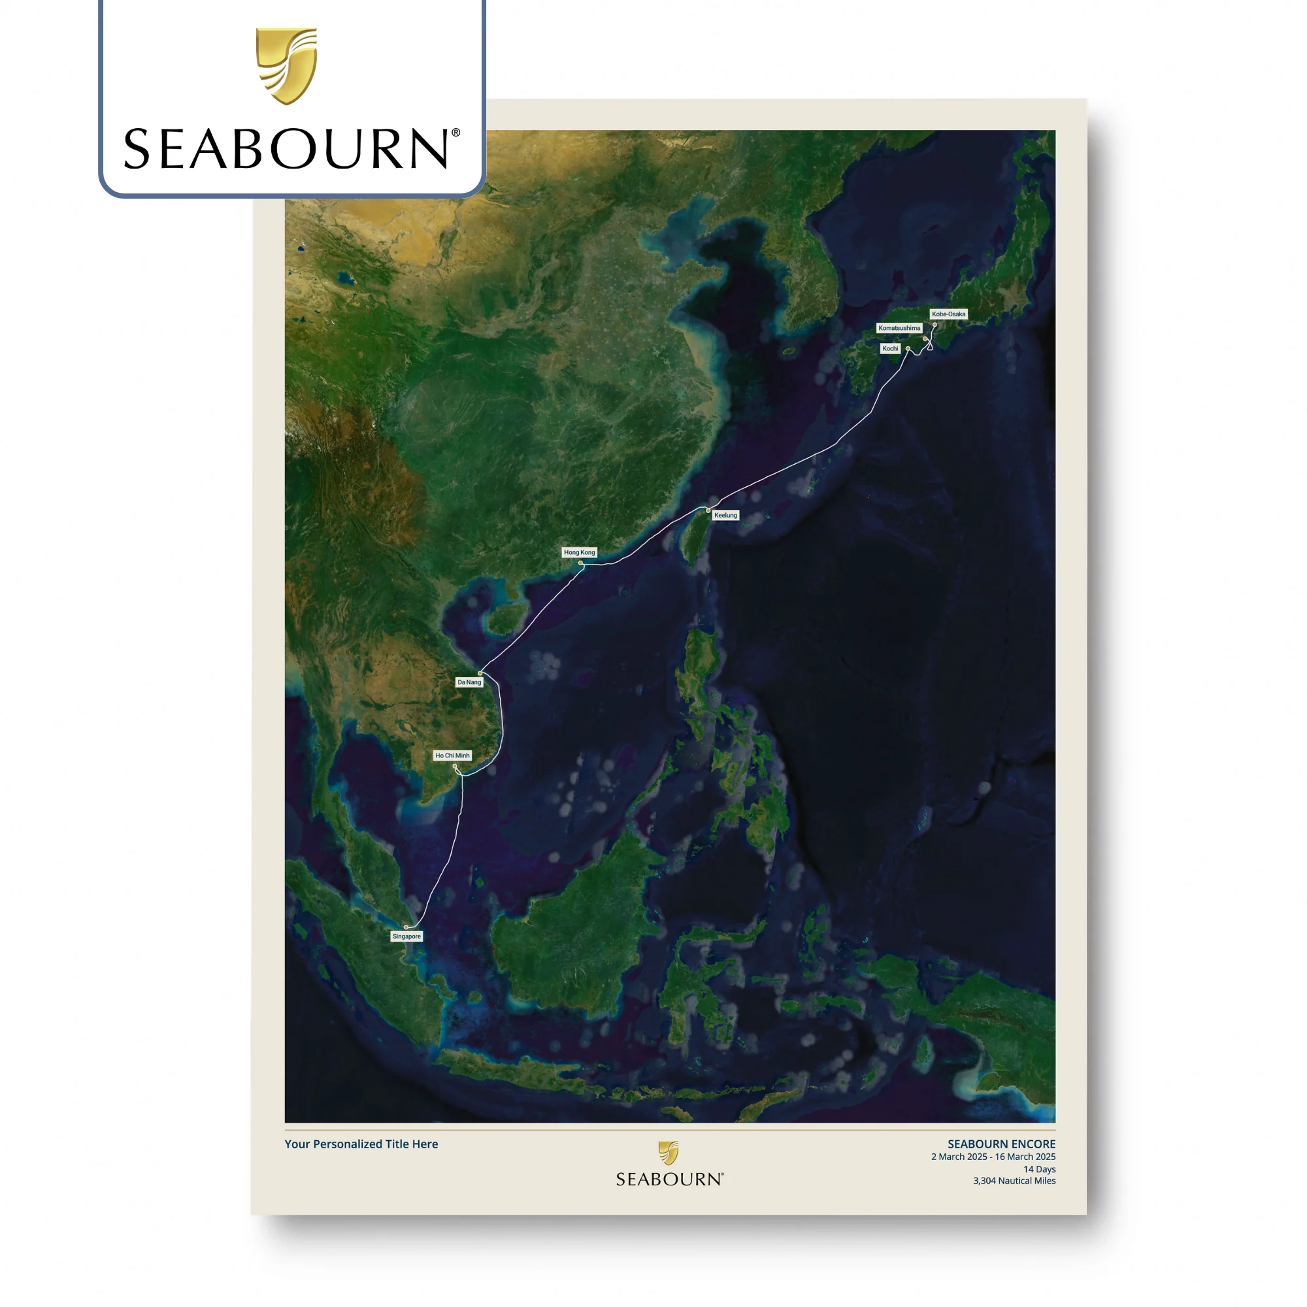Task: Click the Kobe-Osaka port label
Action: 948,314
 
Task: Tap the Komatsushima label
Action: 899,328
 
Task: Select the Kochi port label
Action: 889,348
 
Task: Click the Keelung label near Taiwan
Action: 725,515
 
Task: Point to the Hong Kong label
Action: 579,552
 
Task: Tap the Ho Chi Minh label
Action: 452,755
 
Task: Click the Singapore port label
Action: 406,936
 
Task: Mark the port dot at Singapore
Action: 406,927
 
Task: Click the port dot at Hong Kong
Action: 580,563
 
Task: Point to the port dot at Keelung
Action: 708,510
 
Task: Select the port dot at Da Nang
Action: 480,673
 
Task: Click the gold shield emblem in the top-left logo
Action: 286,65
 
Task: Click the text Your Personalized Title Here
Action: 361,1144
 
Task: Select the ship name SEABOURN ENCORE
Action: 1001,1144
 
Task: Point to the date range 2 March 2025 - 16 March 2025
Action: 993,1157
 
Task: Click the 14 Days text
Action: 1038,1169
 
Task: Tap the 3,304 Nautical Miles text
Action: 1014,1180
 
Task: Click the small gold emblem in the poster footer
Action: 669,1153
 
